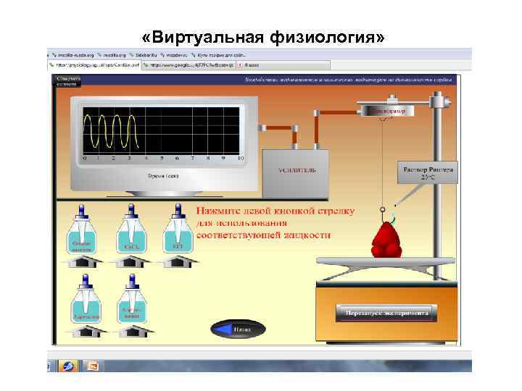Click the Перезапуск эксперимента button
pyautogui.click(x=386, y=313)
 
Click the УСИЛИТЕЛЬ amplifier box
pyautogui.click(x=294, y=172)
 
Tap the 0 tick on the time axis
pyautogui.click(x=84, y=158)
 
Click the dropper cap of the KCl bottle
pyautogui.click(x=177, y=209)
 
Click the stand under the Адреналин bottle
pyautogui.click(x=86, y=332)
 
